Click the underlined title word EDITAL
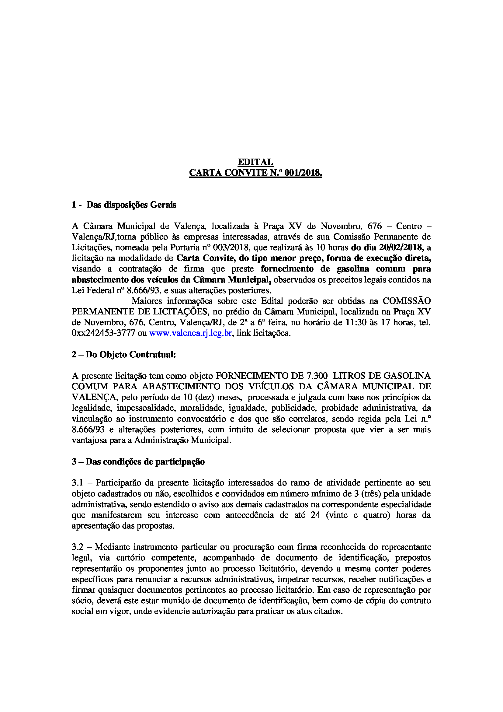tap(255, 162)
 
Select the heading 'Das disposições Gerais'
tap(131, 205)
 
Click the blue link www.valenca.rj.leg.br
tap(190, 333)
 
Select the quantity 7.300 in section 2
tap(317, 376)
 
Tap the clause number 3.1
tap(78, 483)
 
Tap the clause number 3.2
tap(78, 547)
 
